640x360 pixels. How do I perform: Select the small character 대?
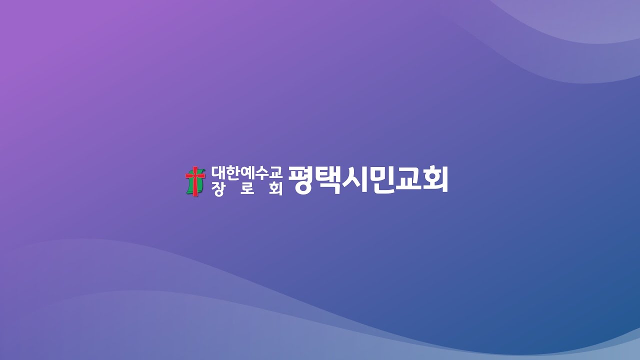point(218,172)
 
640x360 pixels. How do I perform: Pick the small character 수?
point(261,172)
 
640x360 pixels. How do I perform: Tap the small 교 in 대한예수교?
point(275,172)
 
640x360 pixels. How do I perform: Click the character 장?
point(218,189)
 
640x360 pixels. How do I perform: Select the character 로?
point(247,189)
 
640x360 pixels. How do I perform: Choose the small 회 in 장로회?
point(275,189)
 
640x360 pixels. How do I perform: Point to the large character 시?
point(355,180)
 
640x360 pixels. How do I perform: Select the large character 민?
point(381,180)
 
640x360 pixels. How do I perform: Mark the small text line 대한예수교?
point(246,172)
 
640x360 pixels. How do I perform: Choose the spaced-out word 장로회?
point(247,189)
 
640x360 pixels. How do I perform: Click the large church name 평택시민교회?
point(367,180)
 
